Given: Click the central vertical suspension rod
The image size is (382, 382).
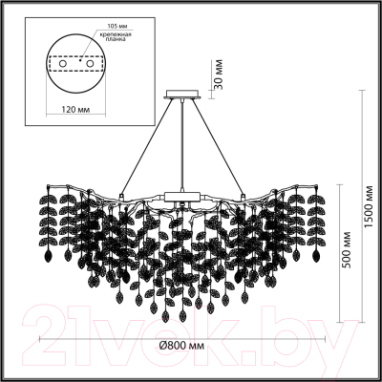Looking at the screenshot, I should click(x=180, y=143).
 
